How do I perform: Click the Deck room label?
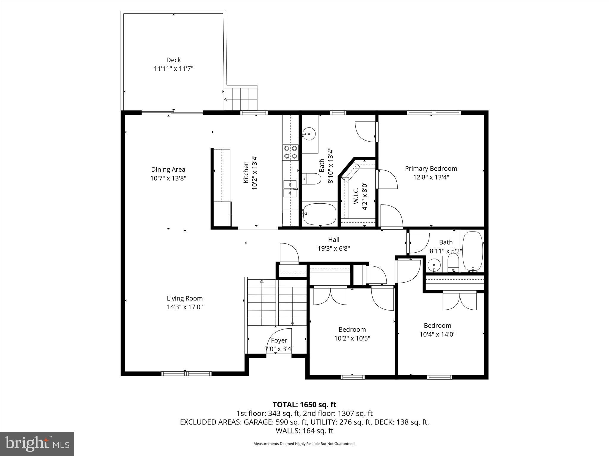pyautogui.click(x=173, y=60)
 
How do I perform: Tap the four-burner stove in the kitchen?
pyautogui.click(x=290, y=152)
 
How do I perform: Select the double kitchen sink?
pyautogui.click(x=290, y=189)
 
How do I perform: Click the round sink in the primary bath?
pyautogui.click(x=309, y=134)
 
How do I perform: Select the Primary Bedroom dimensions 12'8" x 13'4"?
pyautogui.click(x=431, y=177)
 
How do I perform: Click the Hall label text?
pyautogui.click(x=334, y=240)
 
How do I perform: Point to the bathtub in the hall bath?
pyautogui.click(x=473, y=251)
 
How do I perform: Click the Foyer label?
pyautogui.click(x=279, y=340)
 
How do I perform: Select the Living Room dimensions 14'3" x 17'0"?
pyautogui.click(x=185, y=307)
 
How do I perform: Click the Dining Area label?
pyautogui.click(x=168, y=170)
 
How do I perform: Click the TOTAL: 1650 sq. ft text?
pyautogui.click(x=304, y=405)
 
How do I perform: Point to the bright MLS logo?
pyautogui.click(x=37, y=444)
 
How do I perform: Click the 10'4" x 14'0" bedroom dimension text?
pyautogui.click(x=437, y=334)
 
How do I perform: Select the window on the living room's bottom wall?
pyautogui.click(x=186, y=373)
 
